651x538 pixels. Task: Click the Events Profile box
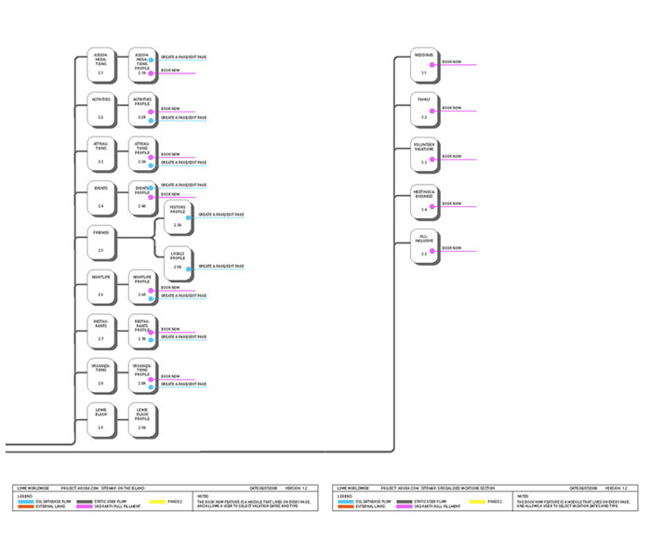pos(142,197)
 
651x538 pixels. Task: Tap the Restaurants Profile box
pos(142,330)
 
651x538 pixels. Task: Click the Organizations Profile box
pos(142,374)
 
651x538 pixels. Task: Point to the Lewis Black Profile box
pos(142,418)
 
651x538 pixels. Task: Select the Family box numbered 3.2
pos(424,108)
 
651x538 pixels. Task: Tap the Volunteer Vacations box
pos(424,152)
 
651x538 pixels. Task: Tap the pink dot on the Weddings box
pos(432,65)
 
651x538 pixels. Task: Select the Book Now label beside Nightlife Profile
pos(170,287)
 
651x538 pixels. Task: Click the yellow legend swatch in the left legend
pos(159,501)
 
